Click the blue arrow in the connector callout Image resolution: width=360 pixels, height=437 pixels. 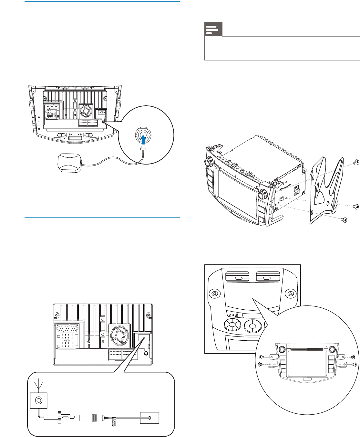[143, 138]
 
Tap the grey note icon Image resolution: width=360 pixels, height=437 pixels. [213, 29]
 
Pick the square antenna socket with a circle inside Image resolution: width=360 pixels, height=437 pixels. [39, 400]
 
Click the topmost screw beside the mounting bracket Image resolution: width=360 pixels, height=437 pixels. [356, 162]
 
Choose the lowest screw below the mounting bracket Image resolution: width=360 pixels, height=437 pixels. [345, 220]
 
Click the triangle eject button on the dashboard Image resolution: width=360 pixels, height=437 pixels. [291, 294]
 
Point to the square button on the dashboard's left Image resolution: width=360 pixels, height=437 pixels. [214, 294]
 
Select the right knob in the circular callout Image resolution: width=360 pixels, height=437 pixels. [332, 349]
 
